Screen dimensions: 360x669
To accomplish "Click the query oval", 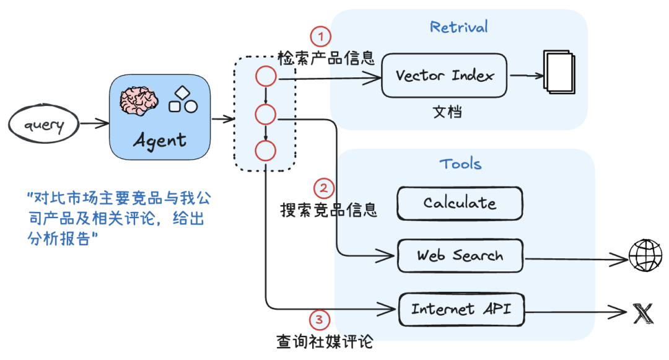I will point(44,125).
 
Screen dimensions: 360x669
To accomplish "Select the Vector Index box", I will point(444,76).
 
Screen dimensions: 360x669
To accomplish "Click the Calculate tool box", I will point(460,203).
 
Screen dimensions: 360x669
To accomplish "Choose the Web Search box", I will point(460,255).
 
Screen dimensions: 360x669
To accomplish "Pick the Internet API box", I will point(461,309).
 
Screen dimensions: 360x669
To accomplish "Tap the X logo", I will point(644,314).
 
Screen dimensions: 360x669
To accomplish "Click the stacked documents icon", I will point(559,72).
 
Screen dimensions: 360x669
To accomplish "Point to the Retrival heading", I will point(459,27).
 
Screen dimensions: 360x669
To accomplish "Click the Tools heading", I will point(460,164).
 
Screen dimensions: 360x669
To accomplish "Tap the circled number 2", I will point(323,188).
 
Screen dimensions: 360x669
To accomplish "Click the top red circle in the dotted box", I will point(266,77).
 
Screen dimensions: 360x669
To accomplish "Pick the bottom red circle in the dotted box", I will point(265,151).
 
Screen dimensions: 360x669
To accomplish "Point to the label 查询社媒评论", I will point(325,341).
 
